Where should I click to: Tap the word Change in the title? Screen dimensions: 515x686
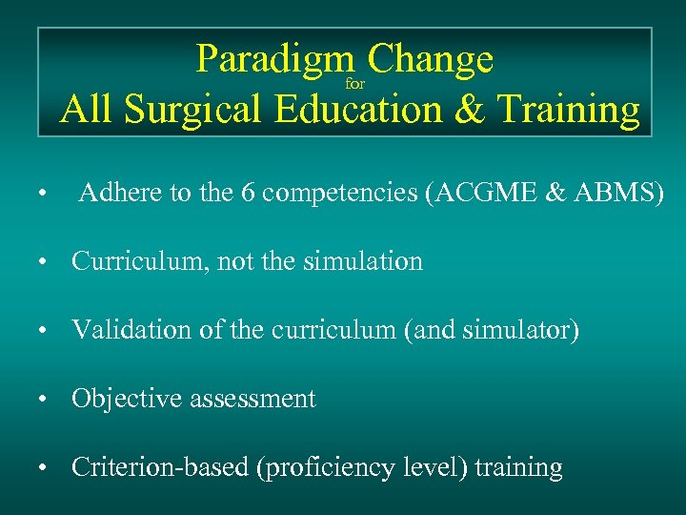430,61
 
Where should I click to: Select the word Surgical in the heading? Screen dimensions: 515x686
194,111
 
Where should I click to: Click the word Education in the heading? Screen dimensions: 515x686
358,111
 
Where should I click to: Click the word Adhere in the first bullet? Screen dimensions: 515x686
121,195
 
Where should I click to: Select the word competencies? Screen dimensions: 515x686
340,195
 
